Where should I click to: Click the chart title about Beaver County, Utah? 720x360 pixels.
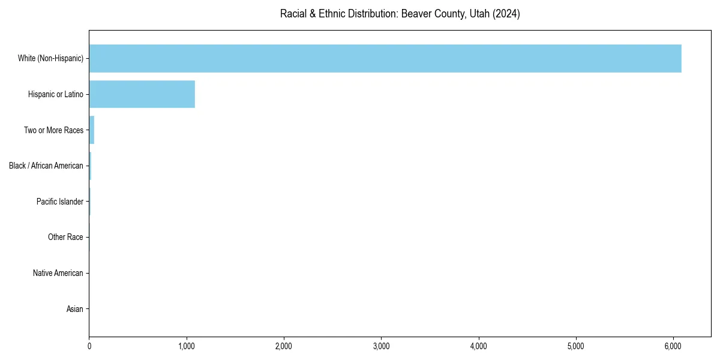point(400,14)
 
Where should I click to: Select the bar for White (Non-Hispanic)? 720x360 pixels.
point(385,58)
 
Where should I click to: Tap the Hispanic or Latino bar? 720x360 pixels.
point(142,94)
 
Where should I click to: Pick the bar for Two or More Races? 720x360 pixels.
point(92,130)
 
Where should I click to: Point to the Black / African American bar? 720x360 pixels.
point(90,166)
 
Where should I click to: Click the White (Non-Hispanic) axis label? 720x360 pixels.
point(50,58)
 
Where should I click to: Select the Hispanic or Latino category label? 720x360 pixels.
point(56,94)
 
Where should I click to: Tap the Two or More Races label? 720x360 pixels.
point(53,130)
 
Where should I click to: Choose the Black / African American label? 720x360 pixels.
point(46,166)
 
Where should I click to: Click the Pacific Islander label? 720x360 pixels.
point(60,202)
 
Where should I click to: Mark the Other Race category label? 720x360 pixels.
point(65,238)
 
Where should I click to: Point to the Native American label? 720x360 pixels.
point(58,274)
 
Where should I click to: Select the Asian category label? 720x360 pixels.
point(75,310)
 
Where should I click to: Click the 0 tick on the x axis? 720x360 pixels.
point(89,346)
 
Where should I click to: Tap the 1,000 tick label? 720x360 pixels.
point(187,346)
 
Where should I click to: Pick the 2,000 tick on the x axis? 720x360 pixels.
point(284,346)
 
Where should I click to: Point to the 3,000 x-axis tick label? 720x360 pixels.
point(381,346)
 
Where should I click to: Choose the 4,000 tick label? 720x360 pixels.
point(478,346)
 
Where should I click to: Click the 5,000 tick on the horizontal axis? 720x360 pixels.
point(575,346)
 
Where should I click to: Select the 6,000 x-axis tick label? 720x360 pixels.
point(673,346)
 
